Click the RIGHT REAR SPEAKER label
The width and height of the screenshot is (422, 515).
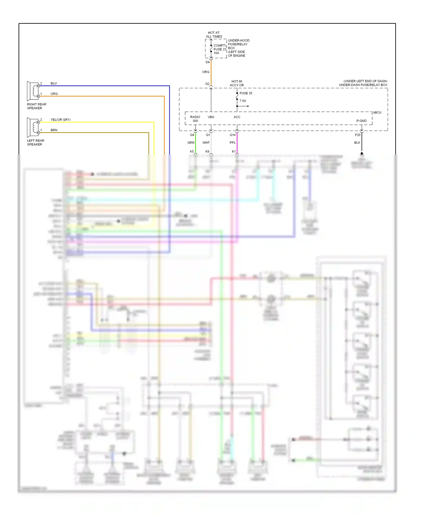[36, 106]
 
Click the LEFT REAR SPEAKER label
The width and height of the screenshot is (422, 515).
[35, 143]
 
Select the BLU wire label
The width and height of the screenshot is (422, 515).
[53, 83]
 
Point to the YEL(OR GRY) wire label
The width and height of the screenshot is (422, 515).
[60, 120]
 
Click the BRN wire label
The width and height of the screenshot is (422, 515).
[54, 130]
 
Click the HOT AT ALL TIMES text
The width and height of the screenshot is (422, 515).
[214, 35]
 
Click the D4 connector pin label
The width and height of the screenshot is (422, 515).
[207, 62]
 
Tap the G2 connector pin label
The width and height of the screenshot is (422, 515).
[207, 84]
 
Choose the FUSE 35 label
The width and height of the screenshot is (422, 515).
[246, 93]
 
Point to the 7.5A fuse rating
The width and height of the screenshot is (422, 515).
[243, 101]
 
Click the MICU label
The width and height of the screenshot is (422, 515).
[377, 113]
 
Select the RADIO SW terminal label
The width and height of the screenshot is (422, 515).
[195, 119]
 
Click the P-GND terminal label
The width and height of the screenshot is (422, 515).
[361, 121]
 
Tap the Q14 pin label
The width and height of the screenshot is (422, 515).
[232, 135]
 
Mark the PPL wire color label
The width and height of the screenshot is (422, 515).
[232, 143]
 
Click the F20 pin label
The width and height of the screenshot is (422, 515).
[358, 135]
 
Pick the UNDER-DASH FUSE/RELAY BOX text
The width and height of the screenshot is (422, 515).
[363, 85]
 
